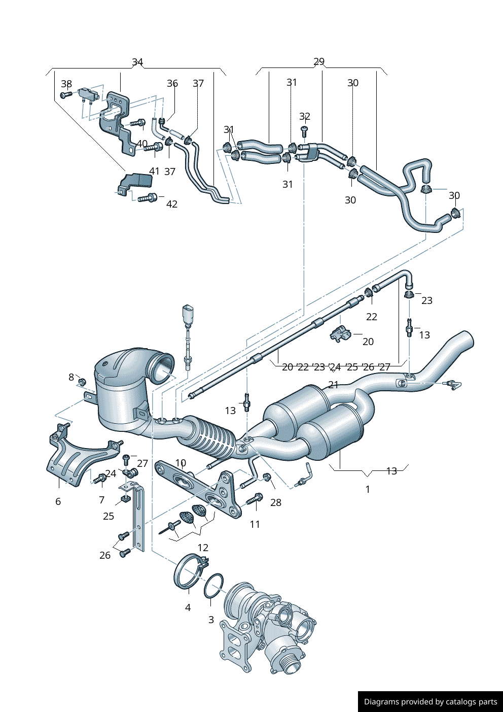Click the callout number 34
(x=137, y=62)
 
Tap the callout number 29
(x=319, y=61)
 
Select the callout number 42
(x=172, y=204)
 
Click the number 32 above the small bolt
(x=304, y=117)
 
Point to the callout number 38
(x=66, y=84)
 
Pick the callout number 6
(x=58, y=501)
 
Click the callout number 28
(x=276, y=502)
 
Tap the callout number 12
(x=203, y=548)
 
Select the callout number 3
(x=211, y=620)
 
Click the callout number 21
(x=333, y=385)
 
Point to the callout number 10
(x=181, y=463)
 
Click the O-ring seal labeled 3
(x=213, y=586)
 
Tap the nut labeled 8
(x=82, y=381)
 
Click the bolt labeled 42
(x=147, y=198)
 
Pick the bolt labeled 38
(x=65, y=95)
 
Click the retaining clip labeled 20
(x=340, y=334)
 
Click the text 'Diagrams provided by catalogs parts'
(x=430, y=702)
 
